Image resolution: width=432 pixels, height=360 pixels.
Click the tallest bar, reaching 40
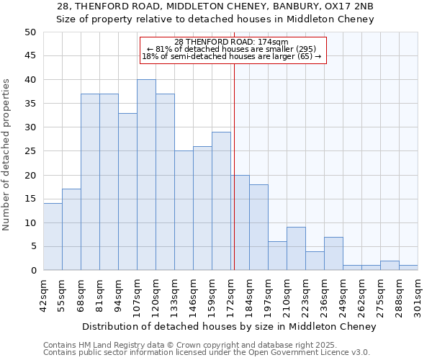[146, 175]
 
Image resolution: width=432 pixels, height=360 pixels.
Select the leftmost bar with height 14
[53, 237]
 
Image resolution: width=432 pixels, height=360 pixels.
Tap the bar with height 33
[127, 192]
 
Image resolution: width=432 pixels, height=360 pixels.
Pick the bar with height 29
[221, 201]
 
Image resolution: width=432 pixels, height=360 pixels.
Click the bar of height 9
[296, 248]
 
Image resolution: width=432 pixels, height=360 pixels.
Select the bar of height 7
[333, 253]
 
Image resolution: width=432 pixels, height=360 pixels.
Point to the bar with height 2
[390, 266]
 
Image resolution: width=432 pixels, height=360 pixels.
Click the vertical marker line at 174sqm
[234, 166]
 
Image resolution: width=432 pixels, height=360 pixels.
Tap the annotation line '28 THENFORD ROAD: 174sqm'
[231, 42]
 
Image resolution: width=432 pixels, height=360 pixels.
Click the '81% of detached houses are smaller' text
[231, 49]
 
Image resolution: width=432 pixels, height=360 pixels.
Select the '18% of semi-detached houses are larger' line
[231, 56]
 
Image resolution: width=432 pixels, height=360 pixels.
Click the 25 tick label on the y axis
[30, 151]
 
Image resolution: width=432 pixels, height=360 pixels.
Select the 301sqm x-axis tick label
[418, 295]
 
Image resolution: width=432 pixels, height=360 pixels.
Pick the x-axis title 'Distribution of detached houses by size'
[229, 327]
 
